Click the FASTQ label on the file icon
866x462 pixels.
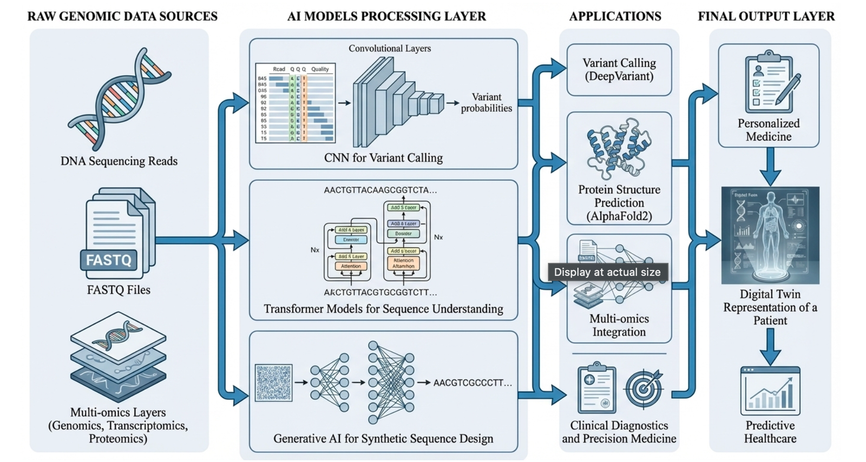coord(109,260)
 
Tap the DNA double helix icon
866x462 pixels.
coord(119,98)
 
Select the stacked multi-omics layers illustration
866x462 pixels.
coord(118,357)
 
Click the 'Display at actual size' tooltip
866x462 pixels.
coord(607,272)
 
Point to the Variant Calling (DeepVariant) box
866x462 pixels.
coord(619,70)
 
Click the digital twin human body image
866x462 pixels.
coord(770,235)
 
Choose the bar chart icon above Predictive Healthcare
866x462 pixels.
coord(770,391)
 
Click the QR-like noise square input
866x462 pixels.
coord(273,382)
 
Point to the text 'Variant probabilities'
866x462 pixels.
coord(486,103)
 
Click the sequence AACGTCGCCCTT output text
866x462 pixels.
coord(472,383)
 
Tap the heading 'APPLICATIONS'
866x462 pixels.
coord(615,16)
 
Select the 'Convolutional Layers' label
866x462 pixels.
coord(390,49)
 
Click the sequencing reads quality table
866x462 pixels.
coord(296,103)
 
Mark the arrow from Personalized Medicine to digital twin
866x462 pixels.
coord(770,167)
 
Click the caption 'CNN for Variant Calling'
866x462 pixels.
coord(383,158)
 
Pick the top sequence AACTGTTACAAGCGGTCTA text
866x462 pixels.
coord(380,190)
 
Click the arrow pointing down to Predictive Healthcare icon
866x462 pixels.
coord(770,347)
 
